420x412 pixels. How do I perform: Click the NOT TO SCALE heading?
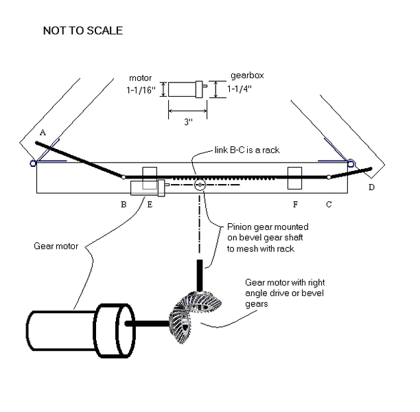click(x=83, y=31)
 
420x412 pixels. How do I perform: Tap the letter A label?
click(x=43, y=131)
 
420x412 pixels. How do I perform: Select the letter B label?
click(x=123, y=204)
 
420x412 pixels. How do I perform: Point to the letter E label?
click(x=149, y=204)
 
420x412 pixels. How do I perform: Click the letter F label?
click(x=295, y=204)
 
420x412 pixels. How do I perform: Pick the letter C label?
click(x=329, y=204)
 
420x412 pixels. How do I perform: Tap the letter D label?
click(x=371, y=187)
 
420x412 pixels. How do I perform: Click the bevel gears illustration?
click(x=193, y=316)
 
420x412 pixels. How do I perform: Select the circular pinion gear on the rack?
click(x=200, y=185)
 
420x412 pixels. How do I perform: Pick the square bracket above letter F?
click(x=295, y=178)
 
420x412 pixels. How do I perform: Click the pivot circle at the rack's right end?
click(x=329, y=177)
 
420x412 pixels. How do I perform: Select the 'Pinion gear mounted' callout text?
click(x=268, y=227)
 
